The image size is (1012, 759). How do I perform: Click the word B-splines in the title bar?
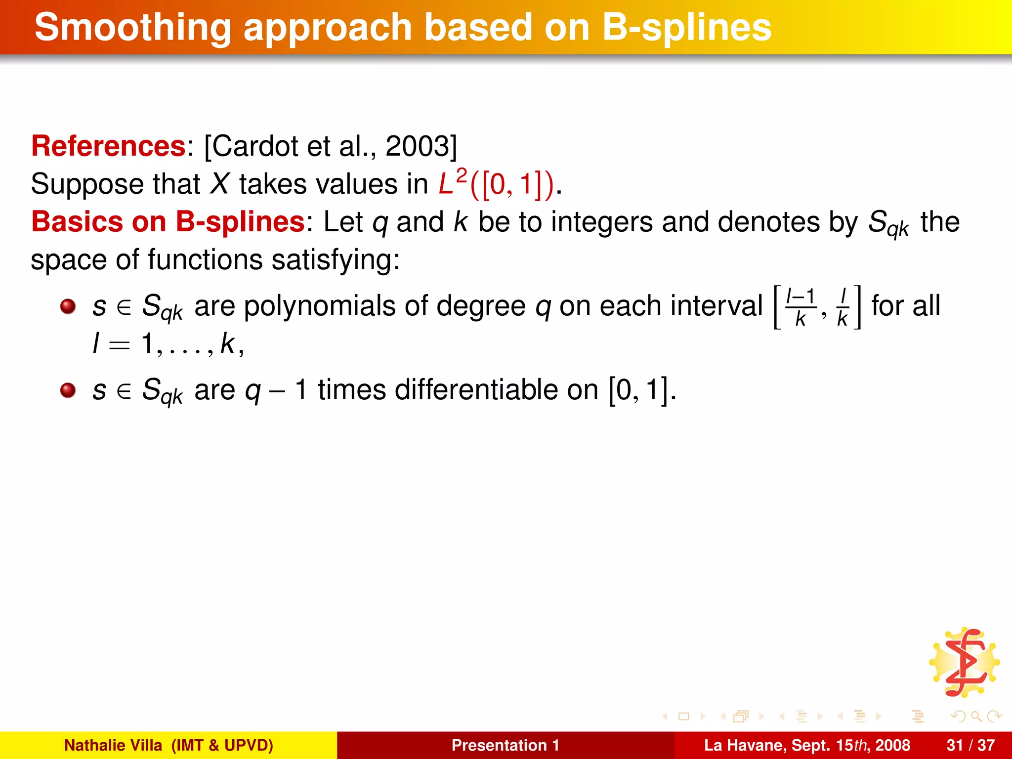[x=687, y=28]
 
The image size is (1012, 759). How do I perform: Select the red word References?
[x=108, y=146]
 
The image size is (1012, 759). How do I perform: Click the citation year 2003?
[x=416, y=146]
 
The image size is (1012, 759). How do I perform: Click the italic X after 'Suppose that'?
[x=219, y=184]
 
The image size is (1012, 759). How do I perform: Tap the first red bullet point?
[x=68, y=306]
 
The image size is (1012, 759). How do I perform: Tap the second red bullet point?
[x=68, y=390]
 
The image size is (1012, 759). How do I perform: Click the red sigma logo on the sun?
[x=965, y=662]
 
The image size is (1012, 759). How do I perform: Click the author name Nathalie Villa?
[x=113, y=745]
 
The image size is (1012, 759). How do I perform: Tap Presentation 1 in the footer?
[x=505, y=745]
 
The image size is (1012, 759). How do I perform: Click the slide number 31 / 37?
[x=970, y=745]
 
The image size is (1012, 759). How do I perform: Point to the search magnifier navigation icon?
[x=975, y=716]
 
